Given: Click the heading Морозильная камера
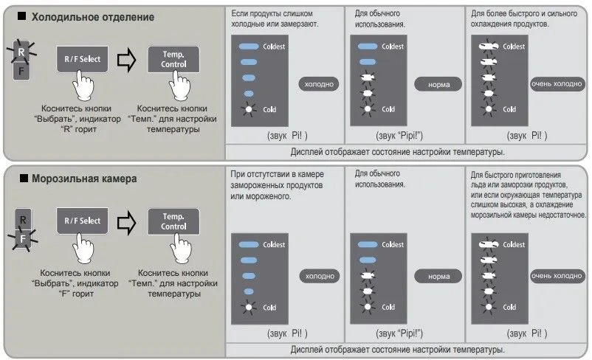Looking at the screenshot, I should pyautogui.click(x=89, y=179).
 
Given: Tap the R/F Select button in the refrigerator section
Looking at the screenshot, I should pyautogui.click(x=81, y=60).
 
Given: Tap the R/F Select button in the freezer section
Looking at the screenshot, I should pyautogui.click(x=81, y=221).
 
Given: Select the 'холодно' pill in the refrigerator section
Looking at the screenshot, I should pyautogui.click(x=317, y=84).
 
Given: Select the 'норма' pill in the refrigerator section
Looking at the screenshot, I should pyautogui.click(x=438, y=84).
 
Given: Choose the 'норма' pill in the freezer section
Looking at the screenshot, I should pyautogui.click(x=438, y=276).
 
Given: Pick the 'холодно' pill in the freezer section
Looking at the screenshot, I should pyautogui.click(x=317, y=276).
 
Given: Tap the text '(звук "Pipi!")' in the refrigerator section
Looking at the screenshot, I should pyautogui.click(x=404, y=136).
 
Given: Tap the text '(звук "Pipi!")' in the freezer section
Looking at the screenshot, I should pyautogui.click(x=404, y=332).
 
